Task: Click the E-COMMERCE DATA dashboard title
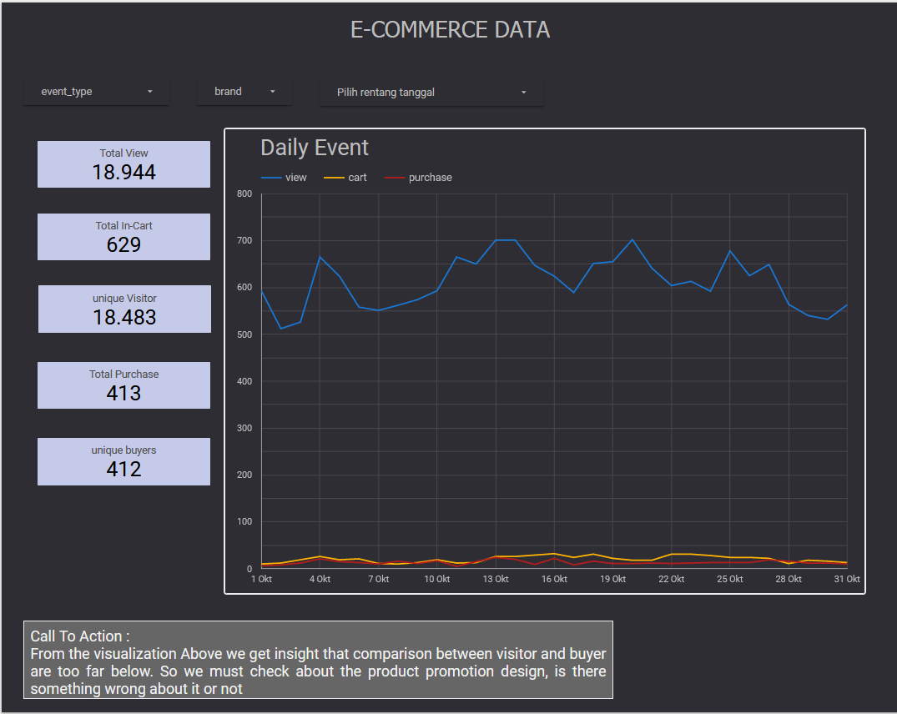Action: [450, 30]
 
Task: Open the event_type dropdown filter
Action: [96, 92]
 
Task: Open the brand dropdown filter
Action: [244, 92]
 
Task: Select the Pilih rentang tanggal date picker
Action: [431, 93]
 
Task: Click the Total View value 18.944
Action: [123, 172]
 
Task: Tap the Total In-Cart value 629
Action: [123, 244]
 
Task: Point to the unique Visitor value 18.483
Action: [124, 317]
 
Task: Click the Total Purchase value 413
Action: [123, 393]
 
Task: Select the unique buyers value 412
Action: [123, 469]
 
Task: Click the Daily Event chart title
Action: [315, 148]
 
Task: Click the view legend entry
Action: [295, 178]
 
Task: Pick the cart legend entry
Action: [357, 178]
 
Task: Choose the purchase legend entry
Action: [430, 178]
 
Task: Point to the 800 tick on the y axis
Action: [244, 194]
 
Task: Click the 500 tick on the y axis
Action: [244, 334]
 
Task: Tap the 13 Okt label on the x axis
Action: [496, 579]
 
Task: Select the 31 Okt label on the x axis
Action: [847, 579]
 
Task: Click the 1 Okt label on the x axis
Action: [262, 579]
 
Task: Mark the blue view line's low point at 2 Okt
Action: [281, 328]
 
